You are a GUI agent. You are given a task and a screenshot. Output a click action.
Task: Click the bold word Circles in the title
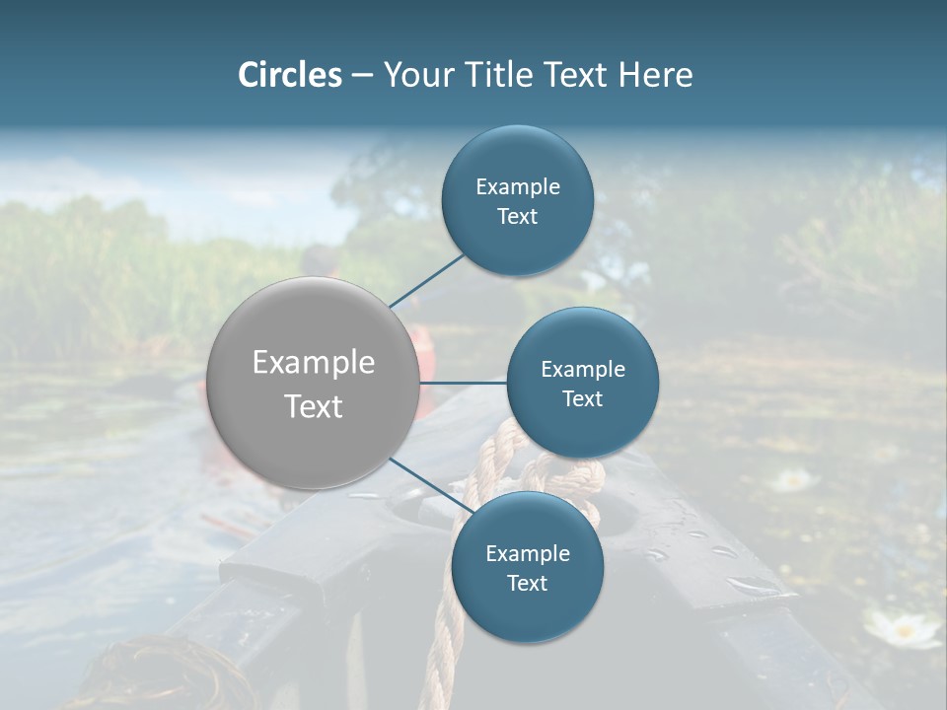pyautogui.click(x=289, y=75)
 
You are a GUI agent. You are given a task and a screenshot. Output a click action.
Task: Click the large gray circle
pyautogui.click(x=313, y=383)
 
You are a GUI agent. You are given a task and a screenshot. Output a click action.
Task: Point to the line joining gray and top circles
pyautogui.click(x=426, y=280)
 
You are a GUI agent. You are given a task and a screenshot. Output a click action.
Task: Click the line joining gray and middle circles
pyautogui.click(x=463, y=382)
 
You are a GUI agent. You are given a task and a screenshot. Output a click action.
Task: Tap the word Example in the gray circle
pyautogui.click(x=313, y=363)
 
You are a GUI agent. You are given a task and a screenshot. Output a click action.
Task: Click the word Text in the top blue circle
pyautogui.click(x=517, y=217)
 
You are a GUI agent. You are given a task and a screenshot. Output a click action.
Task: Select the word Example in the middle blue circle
pyautogui.click(x=582, y=369)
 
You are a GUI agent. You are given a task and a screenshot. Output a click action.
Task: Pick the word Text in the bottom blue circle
pyautogui.click(x=527, y=583)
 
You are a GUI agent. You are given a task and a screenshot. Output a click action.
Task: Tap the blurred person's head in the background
pyautogui.click(x=319, y=262)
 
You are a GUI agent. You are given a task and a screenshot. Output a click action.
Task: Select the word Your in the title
pyautogui.click(x=414, y=75)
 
